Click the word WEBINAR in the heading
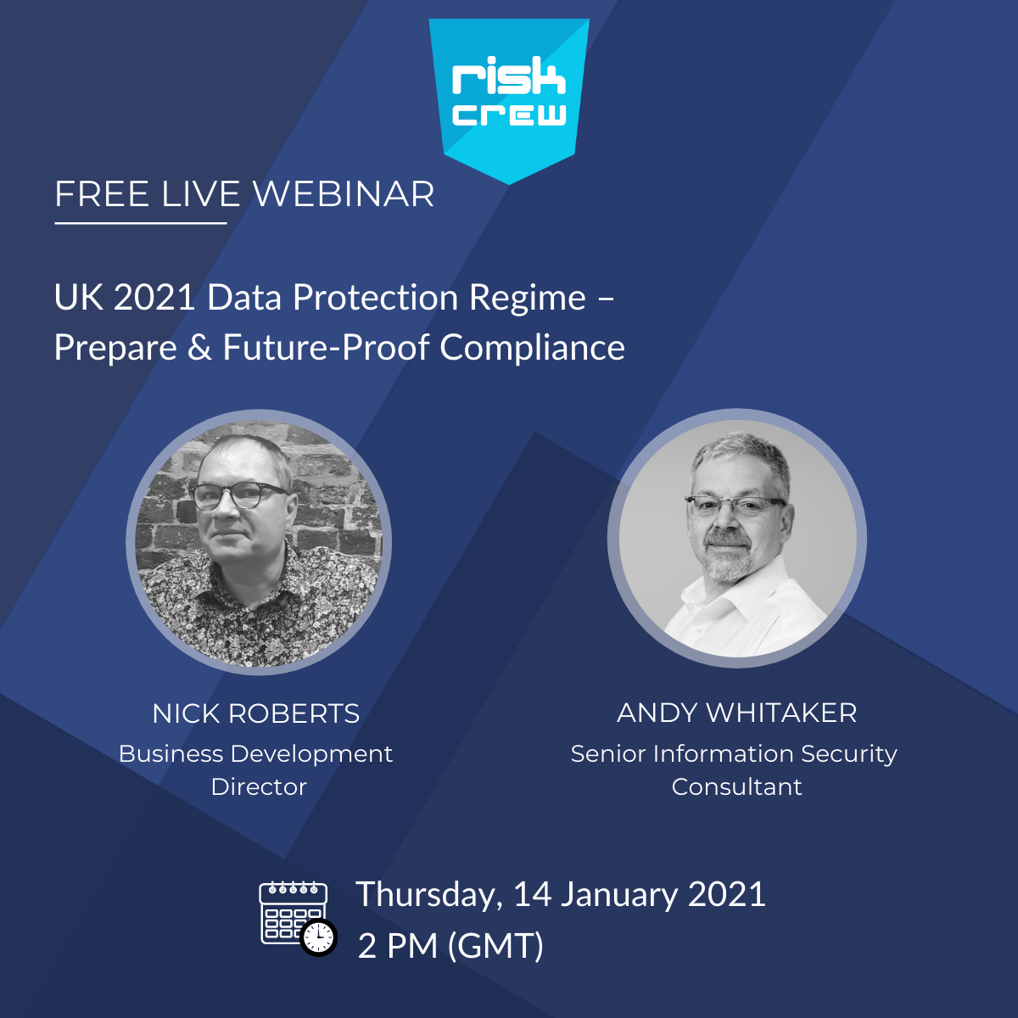pos(344,194)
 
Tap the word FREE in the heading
pos(103,194)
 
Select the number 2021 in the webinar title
pos(154,298)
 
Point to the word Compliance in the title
pos(532,348)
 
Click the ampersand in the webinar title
pos(199,348)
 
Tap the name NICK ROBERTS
pos(256,713)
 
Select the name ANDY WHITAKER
pos(737,713)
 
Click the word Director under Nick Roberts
pos(259,787)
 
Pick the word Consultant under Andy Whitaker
pos(737,787)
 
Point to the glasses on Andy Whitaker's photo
pos(736,506)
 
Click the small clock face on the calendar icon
pos(319,937)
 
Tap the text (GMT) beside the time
pos(495,945)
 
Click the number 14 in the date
pos(533,894)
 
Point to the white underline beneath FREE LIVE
pos(141,223)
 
